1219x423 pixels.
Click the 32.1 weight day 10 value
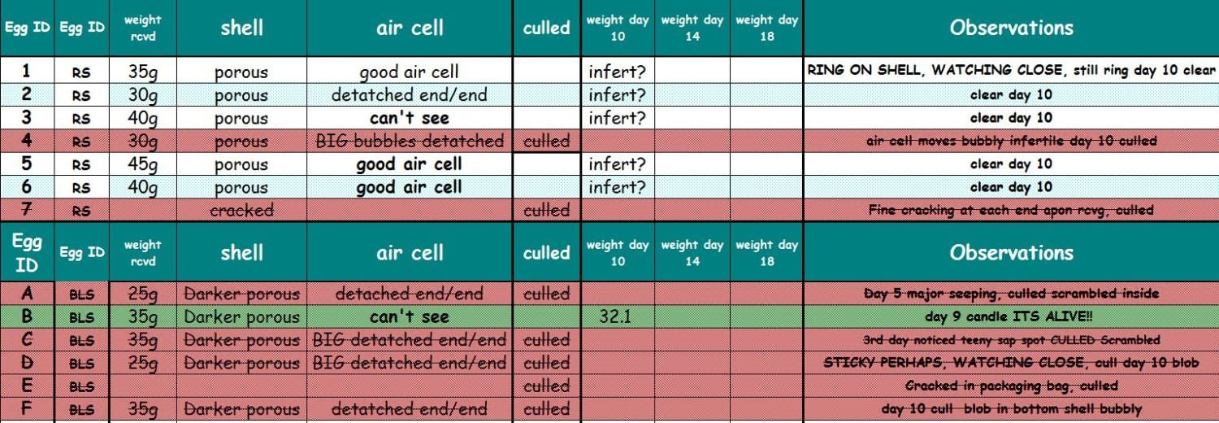(615, 317)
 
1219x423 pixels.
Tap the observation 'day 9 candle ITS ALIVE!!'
(1010, 317)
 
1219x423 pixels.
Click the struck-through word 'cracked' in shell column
(241, 211)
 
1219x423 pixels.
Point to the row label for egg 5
(27, 164)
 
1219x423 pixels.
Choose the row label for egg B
(27, 317)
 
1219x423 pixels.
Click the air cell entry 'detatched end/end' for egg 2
(409, 95)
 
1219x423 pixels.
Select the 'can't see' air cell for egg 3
(409, 118)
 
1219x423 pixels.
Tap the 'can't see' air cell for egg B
(409, 317)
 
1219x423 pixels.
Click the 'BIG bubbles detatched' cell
(409, 142)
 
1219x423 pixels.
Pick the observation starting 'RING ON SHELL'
(1010, 71)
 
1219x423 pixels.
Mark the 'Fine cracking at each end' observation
(1010, 211)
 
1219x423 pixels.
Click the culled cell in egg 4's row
(546, 142)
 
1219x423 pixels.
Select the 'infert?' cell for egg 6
(617, 187)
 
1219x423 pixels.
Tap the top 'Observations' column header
(1010, 28)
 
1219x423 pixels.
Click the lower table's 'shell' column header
(241, 253)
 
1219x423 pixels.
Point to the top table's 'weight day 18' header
(766, 28)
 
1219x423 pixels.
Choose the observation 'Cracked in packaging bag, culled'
(1010, 386)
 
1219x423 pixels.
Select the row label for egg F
(27, 409)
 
